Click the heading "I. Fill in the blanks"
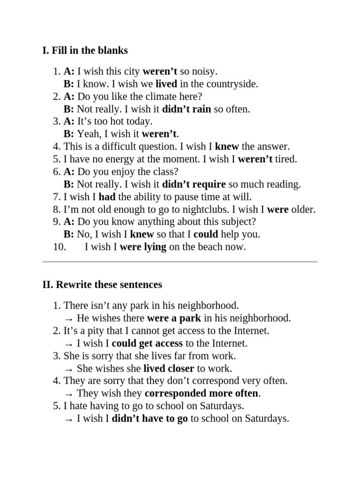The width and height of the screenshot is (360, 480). [x=85, y=51]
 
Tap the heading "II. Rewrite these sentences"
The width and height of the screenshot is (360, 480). [x=102, y=285]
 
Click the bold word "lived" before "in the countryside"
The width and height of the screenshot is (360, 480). [x=166, y=84]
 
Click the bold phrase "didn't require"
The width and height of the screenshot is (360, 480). [x=194, y=184]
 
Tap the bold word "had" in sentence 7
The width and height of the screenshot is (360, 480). [x=107, y=197]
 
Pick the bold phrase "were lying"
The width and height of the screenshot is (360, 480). [x=143, y=247]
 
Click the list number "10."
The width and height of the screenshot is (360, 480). [x=60, y=247]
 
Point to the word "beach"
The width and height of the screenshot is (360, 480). [x=207, y=247]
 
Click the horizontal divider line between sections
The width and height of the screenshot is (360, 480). [x=180, y=262]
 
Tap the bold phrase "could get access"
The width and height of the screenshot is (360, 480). [x=147, y=344]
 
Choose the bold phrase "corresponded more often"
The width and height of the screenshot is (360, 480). [x=202, y=393]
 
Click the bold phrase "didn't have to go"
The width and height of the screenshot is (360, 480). [x=150, y=419]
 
